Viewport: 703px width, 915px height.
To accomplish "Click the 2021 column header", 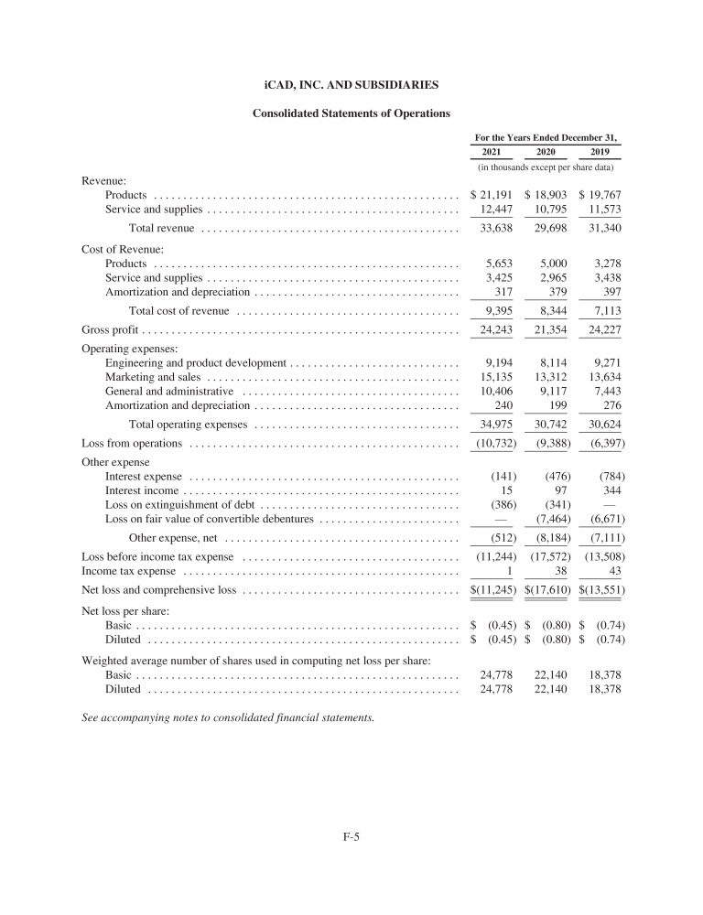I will point(491,152).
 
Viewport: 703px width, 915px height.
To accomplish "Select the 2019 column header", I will point(600,152).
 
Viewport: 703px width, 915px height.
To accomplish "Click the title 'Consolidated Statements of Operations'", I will point(351,113).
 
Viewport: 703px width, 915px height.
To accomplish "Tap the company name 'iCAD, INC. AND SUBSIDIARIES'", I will point(351,84).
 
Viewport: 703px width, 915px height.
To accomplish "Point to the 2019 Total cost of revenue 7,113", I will point(606,310).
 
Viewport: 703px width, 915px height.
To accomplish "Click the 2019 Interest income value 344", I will point(611,490).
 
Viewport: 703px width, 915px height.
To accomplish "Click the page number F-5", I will point(351,835).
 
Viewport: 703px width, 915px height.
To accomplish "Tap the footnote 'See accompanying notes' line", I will point(228,717).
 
